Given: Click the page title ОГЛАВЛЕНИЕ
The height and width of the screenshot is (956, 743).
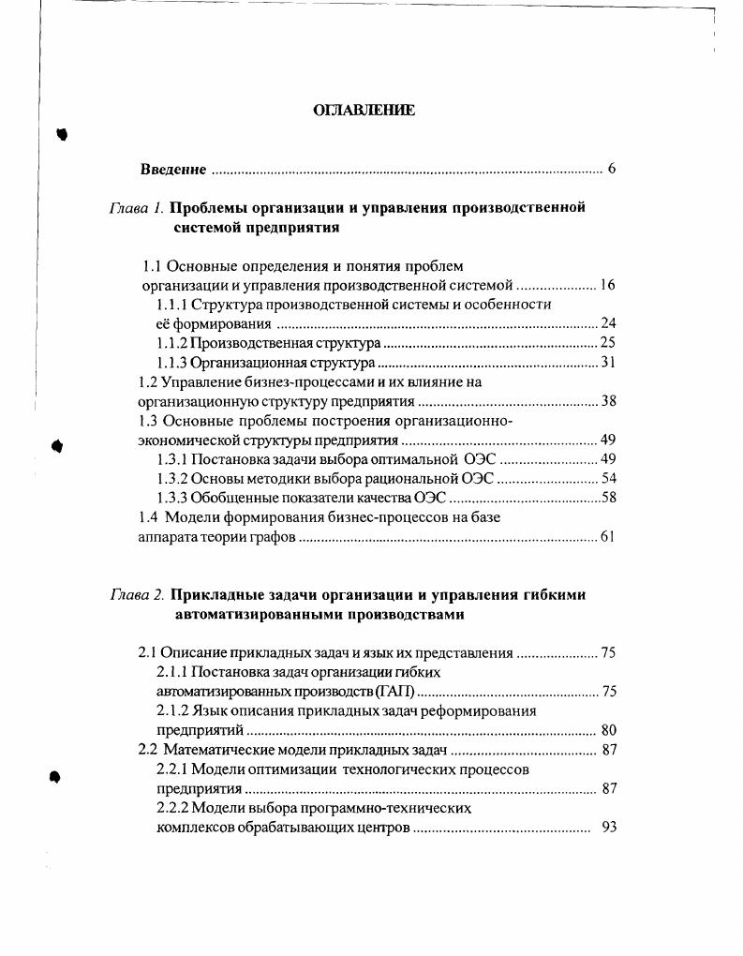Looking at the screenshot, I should tap(364, 111).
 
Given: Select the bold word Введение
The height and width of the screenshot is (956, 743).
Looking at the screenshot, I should tap(172, 170).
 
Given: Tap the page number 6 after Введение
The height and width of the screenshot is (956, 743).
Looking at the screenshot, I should tap(611, 170).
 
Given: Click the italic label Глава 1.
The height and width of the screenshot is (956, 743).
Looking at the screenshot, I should tap(136, 208).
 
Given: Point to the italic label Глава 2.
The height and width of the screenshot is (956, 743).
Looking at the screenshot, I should tap(138, 595).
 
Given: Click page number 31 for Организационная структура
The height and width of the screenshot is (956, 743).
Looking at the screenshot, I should tap(607, 363).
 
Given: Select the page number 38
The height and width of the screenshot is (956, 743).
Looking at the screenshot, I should tap(607, 401).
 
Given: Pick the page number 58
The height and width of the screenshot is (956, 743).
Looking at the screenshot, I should tap(608, 498).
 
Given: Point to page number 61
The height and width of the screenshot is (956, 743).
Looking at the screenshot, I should tap(607, 537).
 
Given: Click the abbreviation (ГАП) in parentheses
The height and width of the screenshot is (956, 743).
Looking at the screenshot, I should tap(394, 692).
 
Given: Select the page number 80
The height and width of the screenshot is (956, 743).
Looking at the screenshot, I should tap(608, 730).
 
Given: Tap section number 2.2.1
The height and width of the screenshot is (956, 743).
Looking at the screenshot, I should tap(171, 769).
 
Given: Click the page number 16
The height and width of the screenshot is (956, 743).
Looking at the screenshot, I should tap(607, 285).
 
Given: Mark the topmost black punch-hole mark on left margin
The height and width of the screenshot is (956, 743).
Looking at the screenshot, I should tap(62, 134).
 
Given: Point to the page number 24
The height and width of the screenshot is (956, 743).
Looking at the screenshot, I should tap(607, 323).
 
